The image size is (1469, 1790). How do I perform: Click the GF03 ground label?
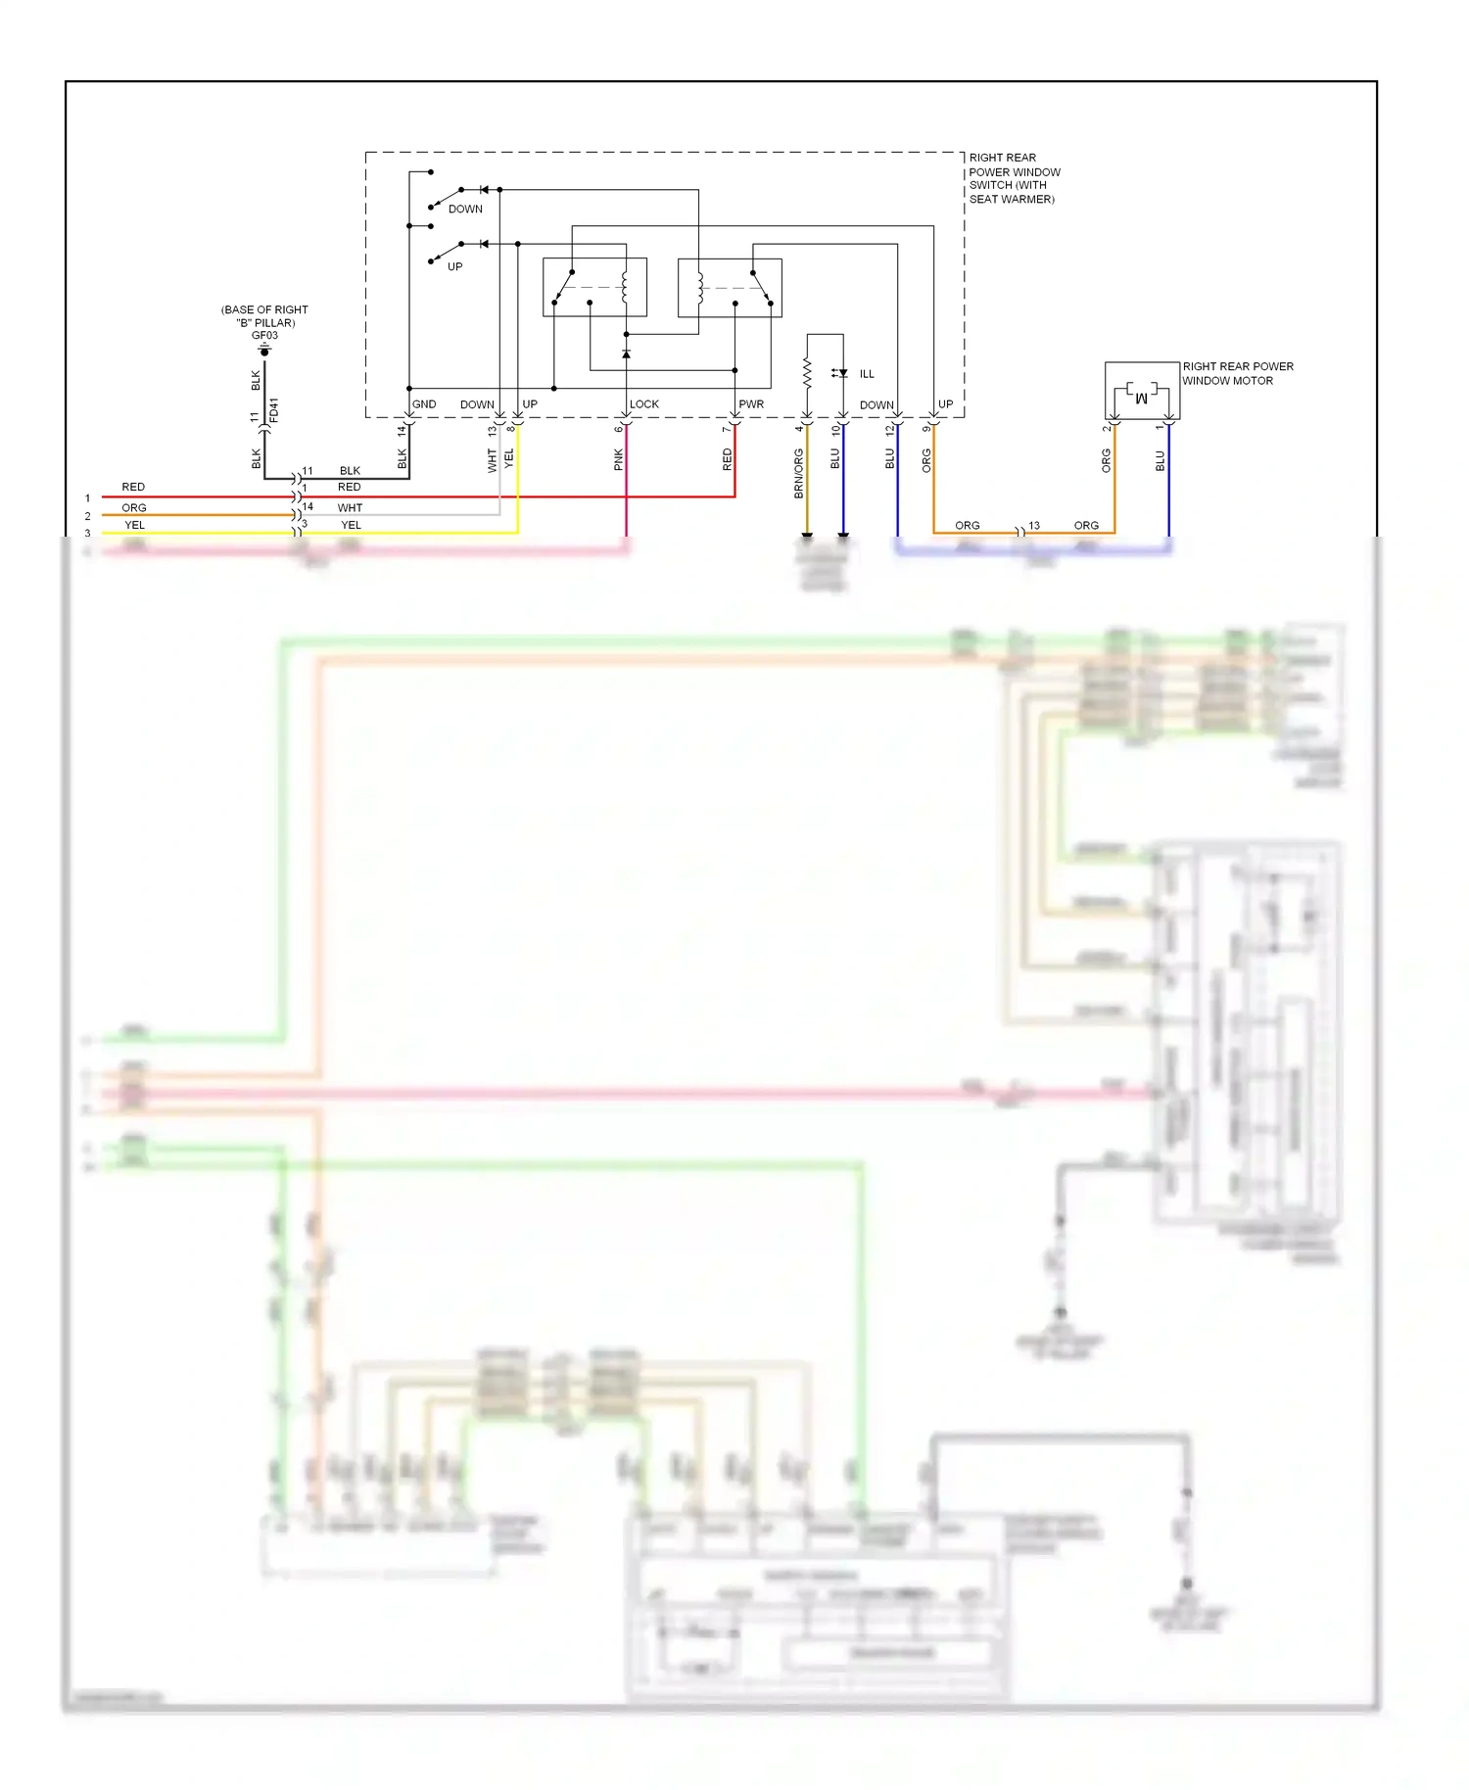click(264, 336)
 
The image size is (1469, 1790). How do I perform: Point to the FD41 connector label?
click(274, 409)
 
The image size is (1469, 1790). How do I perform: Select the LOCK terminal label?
click(643, 404)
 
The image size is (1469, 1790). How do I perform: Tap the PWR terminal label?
click(751, 404)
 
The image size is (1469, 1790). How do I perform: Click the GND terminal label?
click(424, 404)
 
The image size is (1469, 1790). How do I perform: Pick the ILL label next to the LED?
click(867, 374)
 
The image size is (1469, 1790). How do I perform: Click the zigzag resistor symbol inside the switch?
click(807, 373)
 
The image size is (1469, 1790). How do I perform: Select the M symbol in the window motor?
click(1141, 398)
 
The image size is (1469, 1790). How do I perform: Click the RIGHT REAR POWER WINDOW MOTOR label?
click(1237, 373)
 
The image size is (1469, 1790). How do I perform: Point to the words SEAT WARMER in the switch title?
click(1012, 200)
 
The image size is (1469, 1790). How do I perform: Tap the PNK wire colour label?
click(619, 459)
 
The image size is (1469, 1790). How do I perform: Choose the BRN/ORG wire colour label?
click(799, 473)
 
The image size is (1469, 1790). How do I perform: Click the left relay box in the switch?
click(594, 287)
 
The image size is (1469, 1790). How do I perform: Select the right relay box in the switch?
click(730, 288)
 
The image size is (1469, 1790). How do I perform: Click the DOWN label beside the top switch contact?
click(465, 210)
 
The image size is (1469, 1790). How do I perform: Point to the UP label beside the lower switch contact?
click(454, 267)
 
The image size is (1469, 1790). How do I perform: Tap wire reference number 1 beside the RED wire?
click(87, 498)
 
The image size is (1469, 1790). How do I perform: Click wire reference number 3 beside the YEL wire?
click(87, 534)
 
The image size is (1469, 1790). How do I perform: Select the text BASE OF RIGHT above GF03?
click(264, 310)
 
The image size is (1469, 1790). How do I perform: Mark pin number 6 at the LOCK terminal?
click(619, 429)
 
